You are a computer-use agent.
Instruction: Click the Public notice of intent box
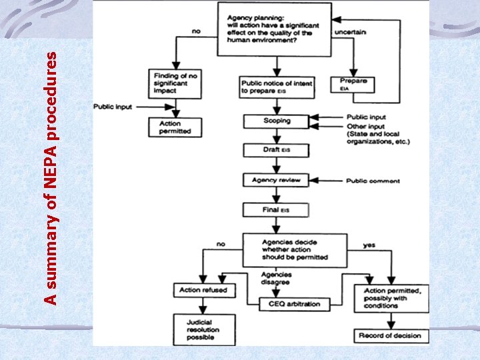275,87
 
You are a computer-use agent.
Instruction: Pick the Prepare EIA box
353,84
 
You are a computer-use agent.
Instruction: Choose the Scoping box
276,121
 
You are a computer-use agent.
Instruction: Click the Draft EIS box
276,151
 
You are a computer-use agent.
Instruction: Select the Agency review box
276,180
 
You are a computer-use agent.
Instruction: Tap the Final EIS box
276,210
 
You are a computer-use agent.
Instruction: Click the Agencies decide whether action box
294,249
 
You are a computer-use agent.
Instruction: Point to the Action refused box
203,290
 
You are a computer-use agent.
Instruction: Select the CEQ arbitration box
294,304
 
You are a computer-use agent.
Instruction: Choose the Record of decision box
391,335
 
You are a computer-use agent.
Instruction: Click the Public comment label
373,181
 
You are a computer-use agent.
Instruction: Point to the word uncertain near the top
353,31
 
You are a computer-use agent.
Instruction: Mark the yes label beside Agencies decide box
369,245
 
